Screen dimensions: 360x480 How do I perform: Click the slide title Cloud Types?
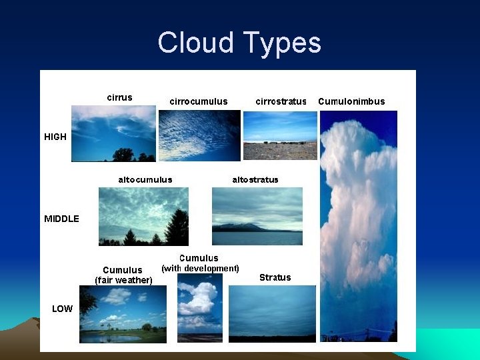click(x=239, y=43)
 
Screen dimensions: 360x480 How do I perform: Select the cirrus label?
click(x=120, y=97)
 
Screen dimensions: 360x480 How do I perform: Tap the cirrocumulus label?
click(x=199, y=102)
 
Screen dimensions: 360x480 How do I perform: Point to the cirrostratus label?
click(x=281, y=102)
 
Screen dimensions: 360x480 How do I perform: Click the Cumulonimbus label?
click(x=351, y=102)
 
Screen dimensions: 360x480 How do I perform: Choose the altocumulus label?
click(x=145, y=179)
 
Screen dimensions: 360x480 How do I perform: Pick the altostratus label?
click(x=255, y=179)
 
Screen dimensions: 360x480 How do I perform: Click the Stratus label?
click(x=275, y=277)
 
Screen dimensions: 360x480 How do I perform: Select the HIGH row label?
click(x=55, y=137)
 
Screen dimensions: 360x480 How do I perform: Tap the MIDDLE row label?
click(x=61, y=219)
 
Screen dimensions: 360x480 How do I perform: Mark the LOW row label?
click(x=62, y=309)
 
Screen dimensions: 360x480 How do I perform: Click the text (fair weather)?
click(x=123, y=280)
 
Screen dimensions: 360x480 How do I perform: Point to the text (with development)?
click(x=200, y=268)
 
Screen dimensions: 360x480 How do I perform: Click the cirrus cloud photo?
click(x=113, y=133)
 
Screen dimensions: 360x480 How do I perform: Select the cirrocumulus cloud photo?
click(x=199, y=135)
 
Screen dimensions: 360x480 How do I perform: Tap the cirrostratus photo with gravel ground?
click(x=280, y=151)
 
